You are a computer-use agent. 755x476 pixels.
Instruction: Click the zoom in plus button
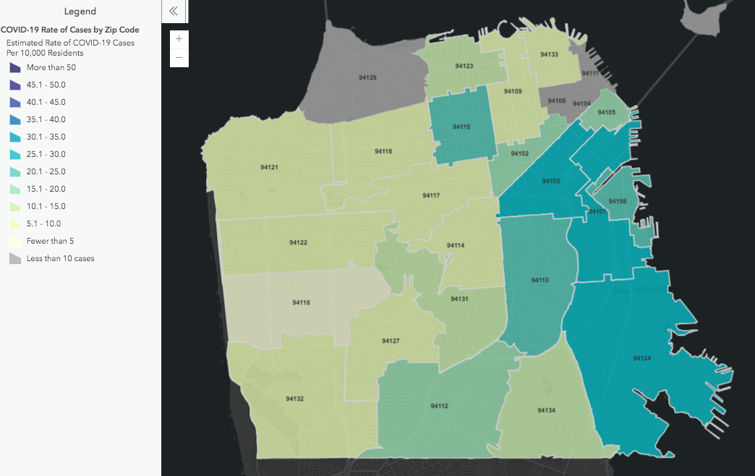(179, 39)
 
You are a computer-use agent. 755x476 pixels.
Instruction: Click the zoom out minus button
(179, 57)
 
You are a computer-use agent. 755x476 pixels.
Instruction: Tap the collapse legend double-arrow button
(174, 11)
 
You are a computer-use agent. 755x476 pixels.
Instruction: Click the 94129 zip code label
(367, 77)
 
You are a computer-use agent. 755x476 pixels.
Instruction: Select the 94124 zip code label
(641, 358)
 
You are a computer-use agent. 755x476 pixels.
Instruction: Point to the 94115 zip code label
(461, 127)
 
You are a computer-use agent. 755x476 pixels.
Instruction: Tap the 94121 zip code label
(270, 168)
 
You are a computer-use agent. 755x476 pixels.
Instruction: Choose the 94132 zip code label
(294, 399)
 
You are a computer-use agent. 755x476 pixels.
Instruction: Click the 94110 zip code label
(540, 280)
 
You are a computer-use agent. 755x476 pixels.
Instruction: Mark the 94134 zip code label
(546, 410)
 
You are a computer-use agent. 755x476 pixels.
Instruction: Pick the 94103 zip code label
(551, 181)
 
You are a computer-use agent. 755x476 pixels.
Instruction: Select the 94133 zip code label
(549, 55)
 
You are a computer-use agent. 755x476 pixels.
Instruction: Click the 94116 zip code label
(302, 302)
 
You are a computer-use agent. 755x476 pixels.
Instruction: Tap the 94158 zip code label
(618, 201)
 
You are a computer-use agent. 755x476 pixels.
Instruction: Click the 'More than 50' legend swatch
(15, 67)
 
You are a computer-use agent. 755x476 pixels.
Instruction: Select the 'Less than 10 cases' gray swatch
(15, 258)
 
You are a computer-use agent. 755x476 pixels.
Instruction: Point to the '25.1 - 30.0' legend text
(46, 154)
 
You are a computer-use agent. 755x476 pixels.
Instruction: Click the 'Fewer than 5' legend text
(51, 241)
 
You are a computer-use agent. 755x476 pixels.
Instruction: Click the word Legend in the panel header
(80, 12)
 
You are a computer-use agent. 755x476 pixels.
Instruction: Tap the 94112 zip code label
(439, 406)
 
